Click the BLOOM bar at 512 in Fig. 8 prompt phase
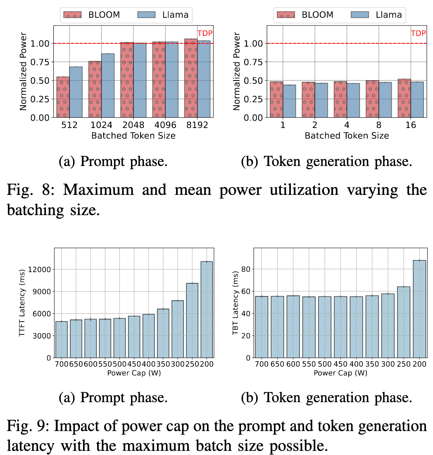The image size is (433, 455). coord(63,97)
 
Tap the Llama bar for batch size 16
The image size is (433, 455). coord(417,100)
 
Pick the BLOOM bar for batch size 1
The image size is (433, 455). coord(276,100)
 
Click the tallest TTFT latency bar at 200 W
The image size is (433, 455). coord(206,309)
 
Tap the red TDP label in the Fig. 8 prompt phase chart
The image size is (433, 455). coord(205,33)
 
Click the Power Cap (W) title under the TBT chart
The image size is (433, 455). coord(340,373)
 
